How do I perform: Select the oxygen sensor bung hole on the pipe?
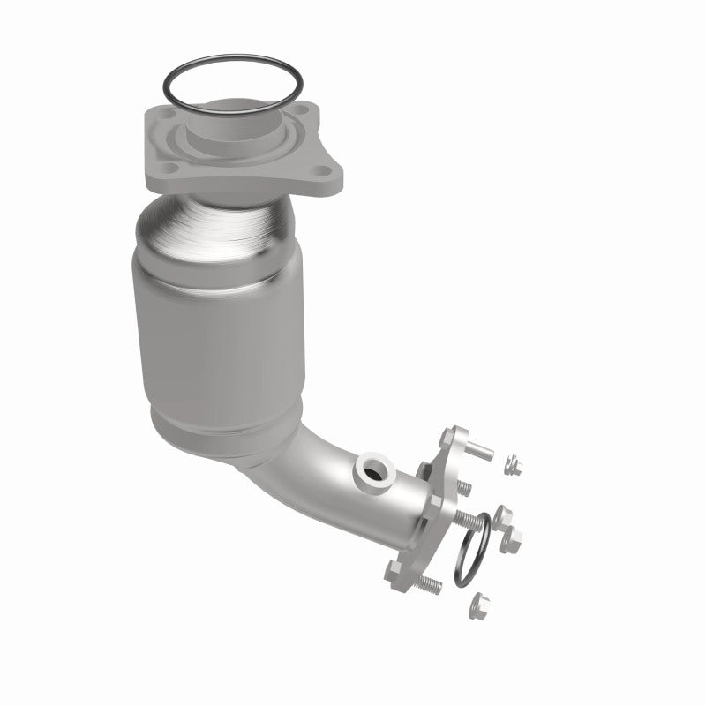pyautogui.click(x=372, y=471)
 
